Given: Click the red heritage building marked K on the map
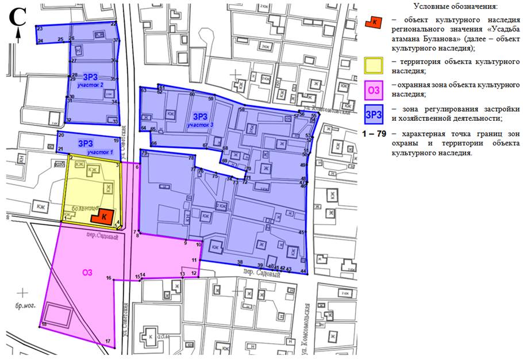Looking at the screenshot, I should pyautogui.click(x=102, y=217).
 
